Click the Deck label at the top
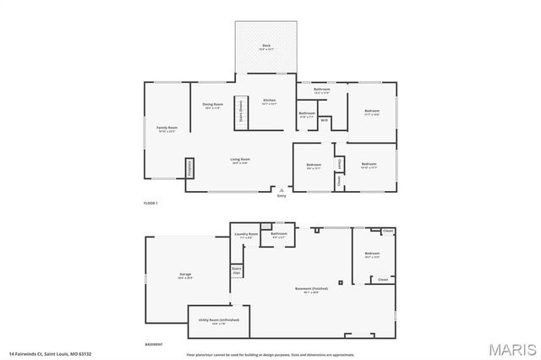[x=265, y=45]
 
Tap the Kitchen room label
[x=270, y=101]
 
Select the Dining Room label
[x=212, y=105]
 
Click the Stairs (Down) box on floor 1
[x=240, y=112]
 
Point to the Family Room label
[x=167, y=128]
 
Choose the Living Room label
[x=240, y=159]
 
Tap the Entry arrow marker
[x=282, y=191]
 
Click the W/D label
[x=324, y=120]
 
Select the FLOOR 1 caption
[x=150, y=204]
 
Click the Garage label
[x=185, y=275]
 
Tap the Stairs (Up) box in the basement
[x=237, y=271]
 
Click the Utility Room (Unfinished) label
[x=219, y=320]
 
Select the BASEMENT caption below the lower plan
[x=154, y=345]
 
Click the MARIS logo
[x=510, y=348]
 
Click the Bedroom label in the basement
[x=373, y=254]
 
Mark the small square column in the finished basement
[x=341, y=282]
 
